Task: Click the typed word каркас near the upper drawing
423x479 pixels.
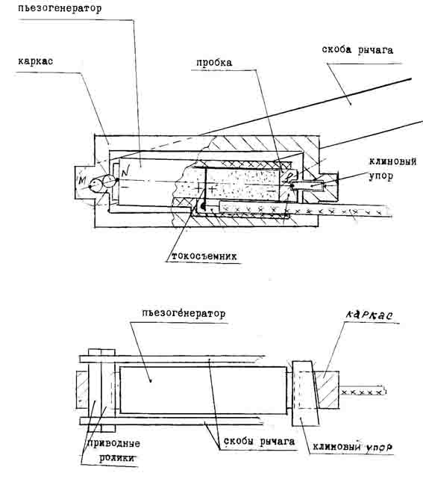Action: pyautogui.click(x=35, y=61)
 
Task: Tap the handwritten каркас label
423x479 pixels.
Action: pyautogui.click(x=369, y=315)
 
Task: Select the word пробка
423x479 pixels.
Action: pyautogui.click(x=214, y=63)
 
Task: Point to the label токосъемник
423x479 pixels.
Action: pyautogui.click(x=204, y=256)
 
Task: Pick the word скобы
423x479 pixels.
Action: pyautogui.click(x=239, y=441)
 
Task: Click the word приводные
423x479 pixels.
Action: pyautogui.click(x=113, y=444)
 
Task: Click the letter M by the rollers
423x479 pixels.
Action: pyautogui.click(x=82, y=181)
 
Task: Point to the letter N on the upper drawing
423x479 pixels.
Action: pyautogui.click(x=125, y=172)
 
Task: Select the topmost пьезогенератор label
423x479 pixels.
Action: pyautogui.click(x=60, y=8)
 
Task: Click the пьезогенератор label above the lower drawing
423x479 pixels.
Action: pyautogui.click(x=184, y=314)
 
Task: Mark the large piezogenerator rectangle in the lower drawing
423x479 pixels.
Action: pyautogui.click(x=203, y=390)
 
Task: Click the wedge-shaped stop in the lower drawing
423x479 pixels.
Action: pyautogui.click(x=306, y=394)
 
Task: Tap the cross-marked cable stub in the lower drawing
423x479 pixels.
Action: pyautogui.click(x=363, y=392)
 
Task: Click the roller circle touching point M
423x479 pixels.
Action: pyautogui.click(x=97, y=185)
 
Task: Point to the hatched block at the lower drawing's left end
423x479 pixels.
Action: pyautogui.click(x=82, y=389)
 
